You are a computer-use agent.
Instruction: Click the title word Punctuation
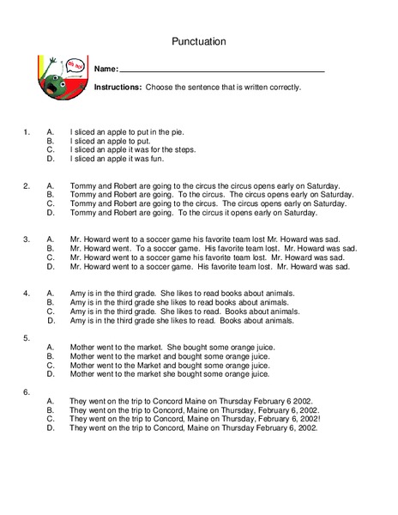pos(198,39)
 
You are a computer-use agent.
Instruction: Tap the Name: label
pos(106,69)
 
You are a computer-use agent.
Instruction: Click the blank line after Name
pos(221,70)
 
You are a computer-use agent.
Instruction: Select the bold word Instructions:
pos(118,87)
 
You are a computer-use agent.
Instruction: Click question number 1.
pos(27,132)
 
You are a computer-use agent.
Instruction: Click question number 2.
pos(27,185)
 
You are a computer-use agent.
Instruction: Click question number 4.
pos(27,293)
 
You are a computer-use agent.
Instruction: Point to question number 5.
pos(27,338)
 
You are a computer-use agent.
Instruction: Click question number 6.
pos(27,391)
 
